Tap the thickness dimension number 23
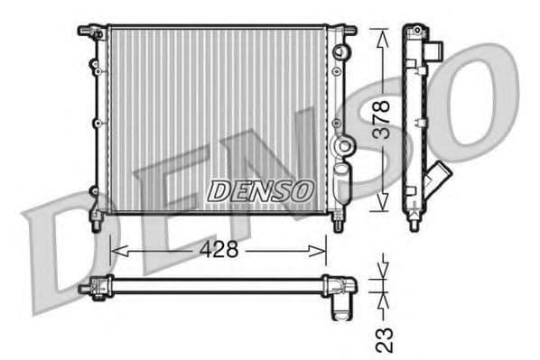click(383, 337)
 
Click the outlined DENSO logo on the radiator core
click(260, 190)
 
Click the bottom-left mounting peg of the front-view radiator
click(95, 219)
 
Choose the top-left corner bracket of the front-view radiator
click(89, 32)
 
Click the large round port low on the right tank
click(342, 146)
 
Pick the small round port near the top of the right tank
click(340, 51)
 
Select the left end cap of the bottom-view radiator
click(93, 287)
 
